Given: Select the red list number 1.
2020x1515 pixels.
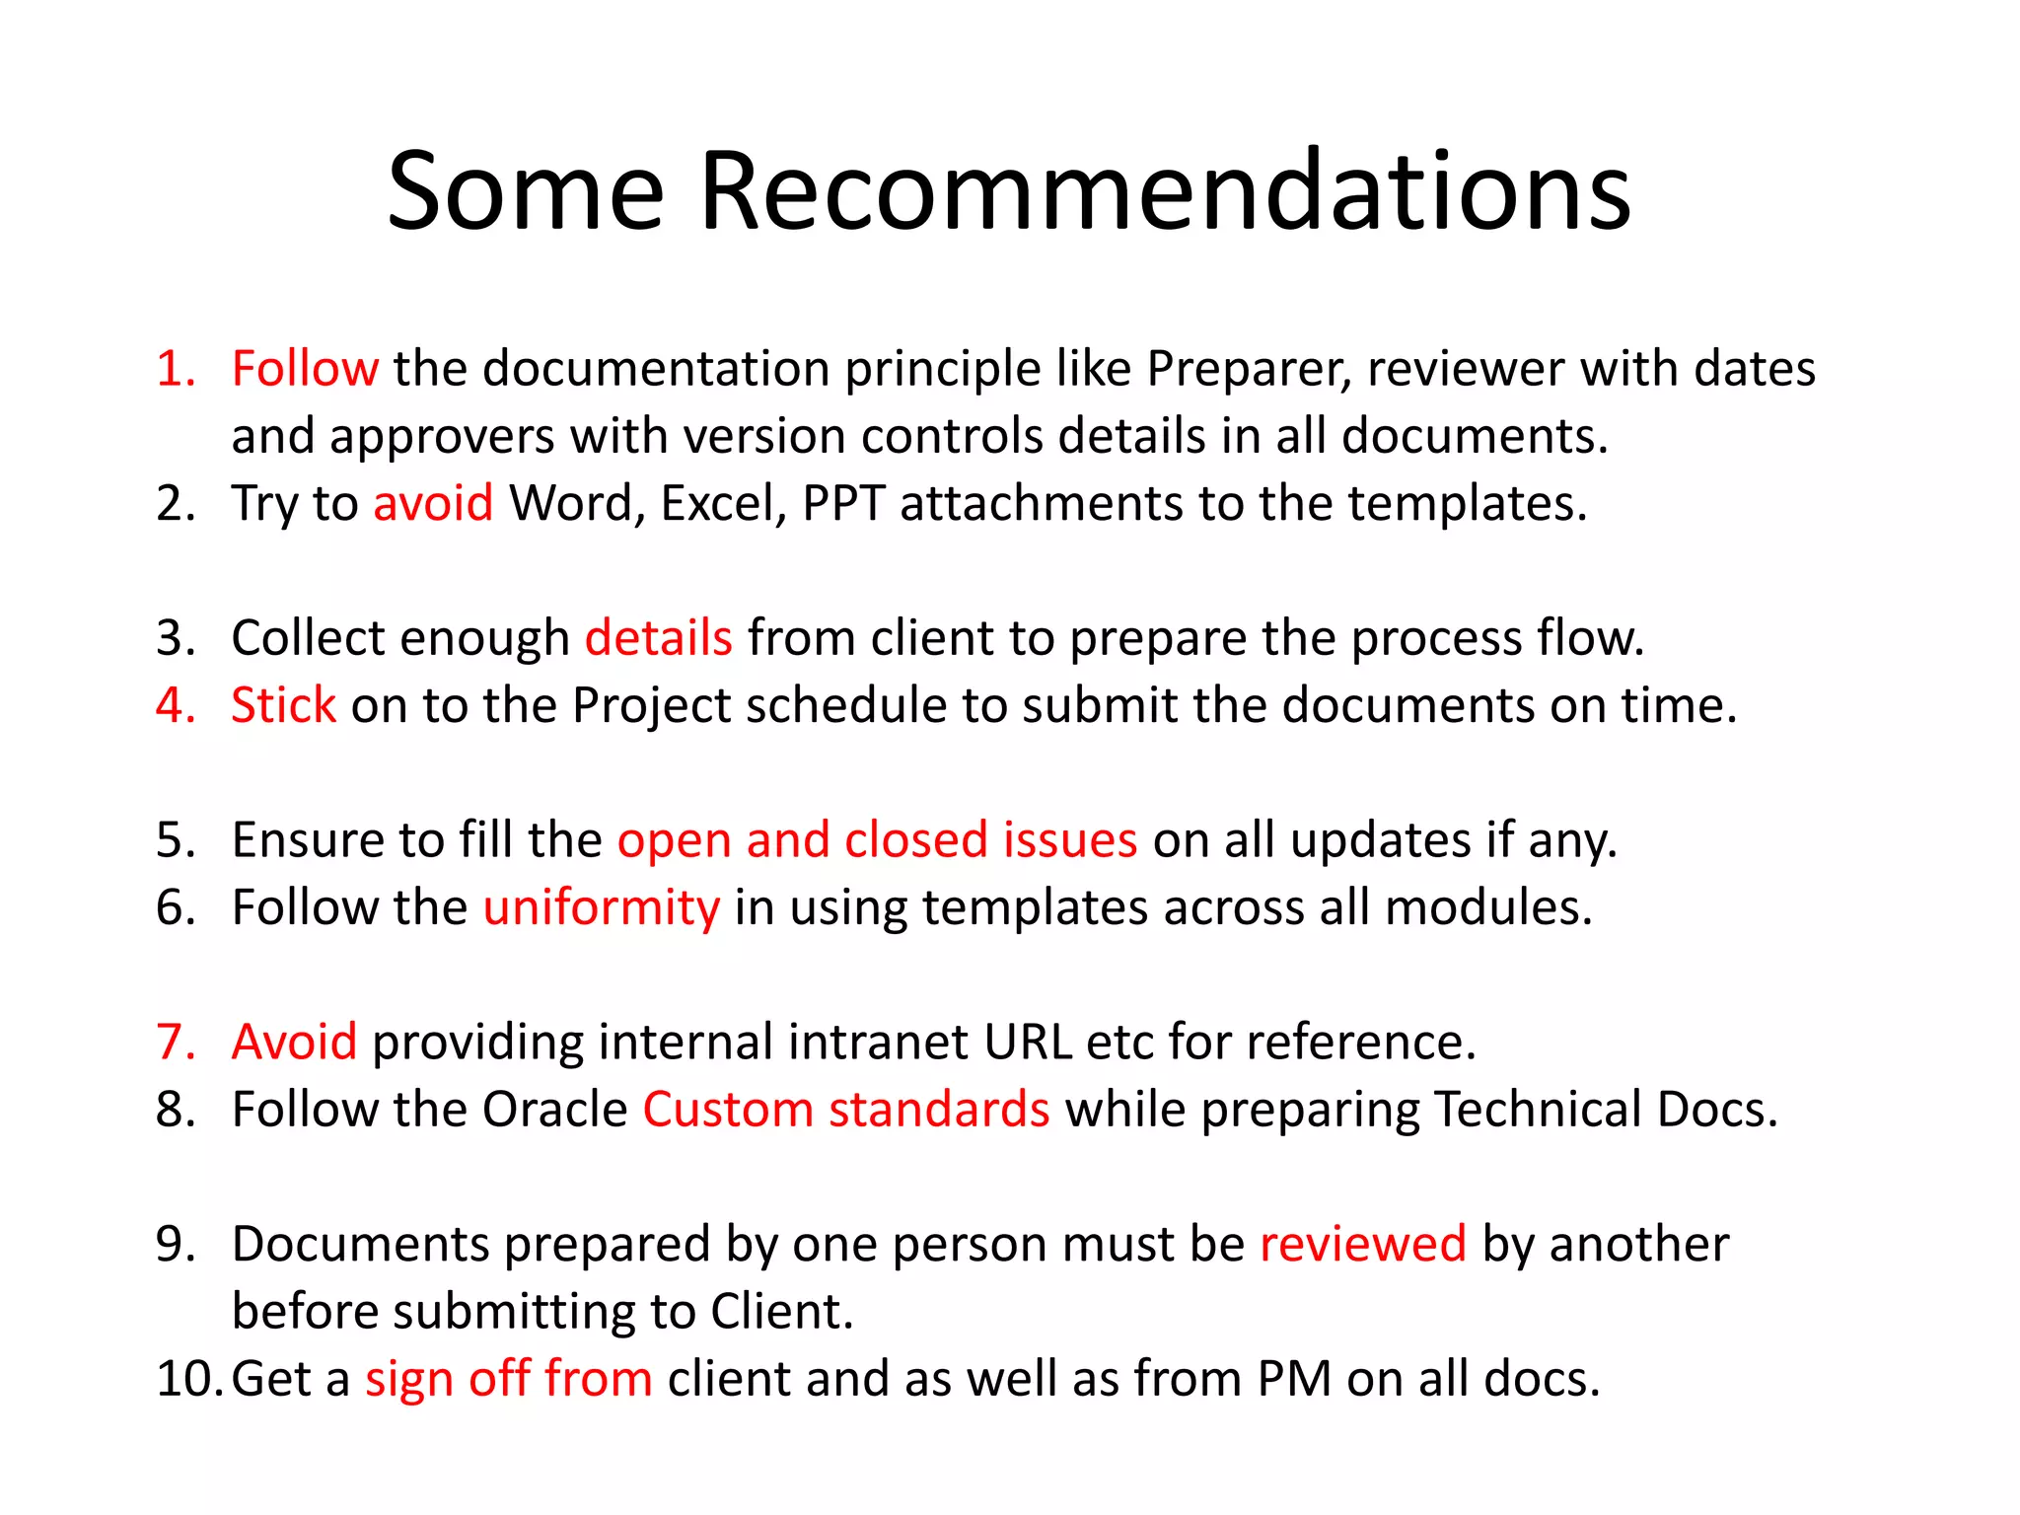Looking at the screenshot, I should click(176, 369).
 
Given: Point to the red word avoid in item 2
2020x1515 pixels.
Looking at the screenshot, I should click(433, 503).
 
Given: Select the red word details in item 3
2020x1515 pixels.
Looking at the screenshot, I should click(658, 637).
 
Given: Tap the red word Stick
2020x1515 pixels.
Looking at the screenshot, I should click(283, 705).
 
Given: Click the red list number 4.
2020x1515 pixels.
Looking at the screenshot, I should click(176, 705).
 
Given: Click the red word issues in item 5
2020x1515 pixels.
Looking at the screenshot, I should click(1070, 840).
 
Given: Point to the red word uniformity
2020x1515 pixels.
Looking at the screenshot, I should click(601, 908).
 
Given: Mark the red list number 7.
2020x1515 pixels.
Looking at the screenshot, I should click(176, 1042).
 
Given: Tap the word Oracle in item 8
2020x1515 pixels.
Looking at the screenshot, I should click(555, 1110).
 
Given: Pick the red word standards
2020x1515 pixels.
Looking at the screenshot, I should click(939, 1110).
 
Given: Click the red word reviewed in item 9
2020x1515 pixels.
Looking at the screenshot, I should click(1362, 1244).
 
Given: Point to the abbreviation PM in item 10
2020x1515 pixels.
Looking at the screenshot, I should click(1294, 1379).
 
